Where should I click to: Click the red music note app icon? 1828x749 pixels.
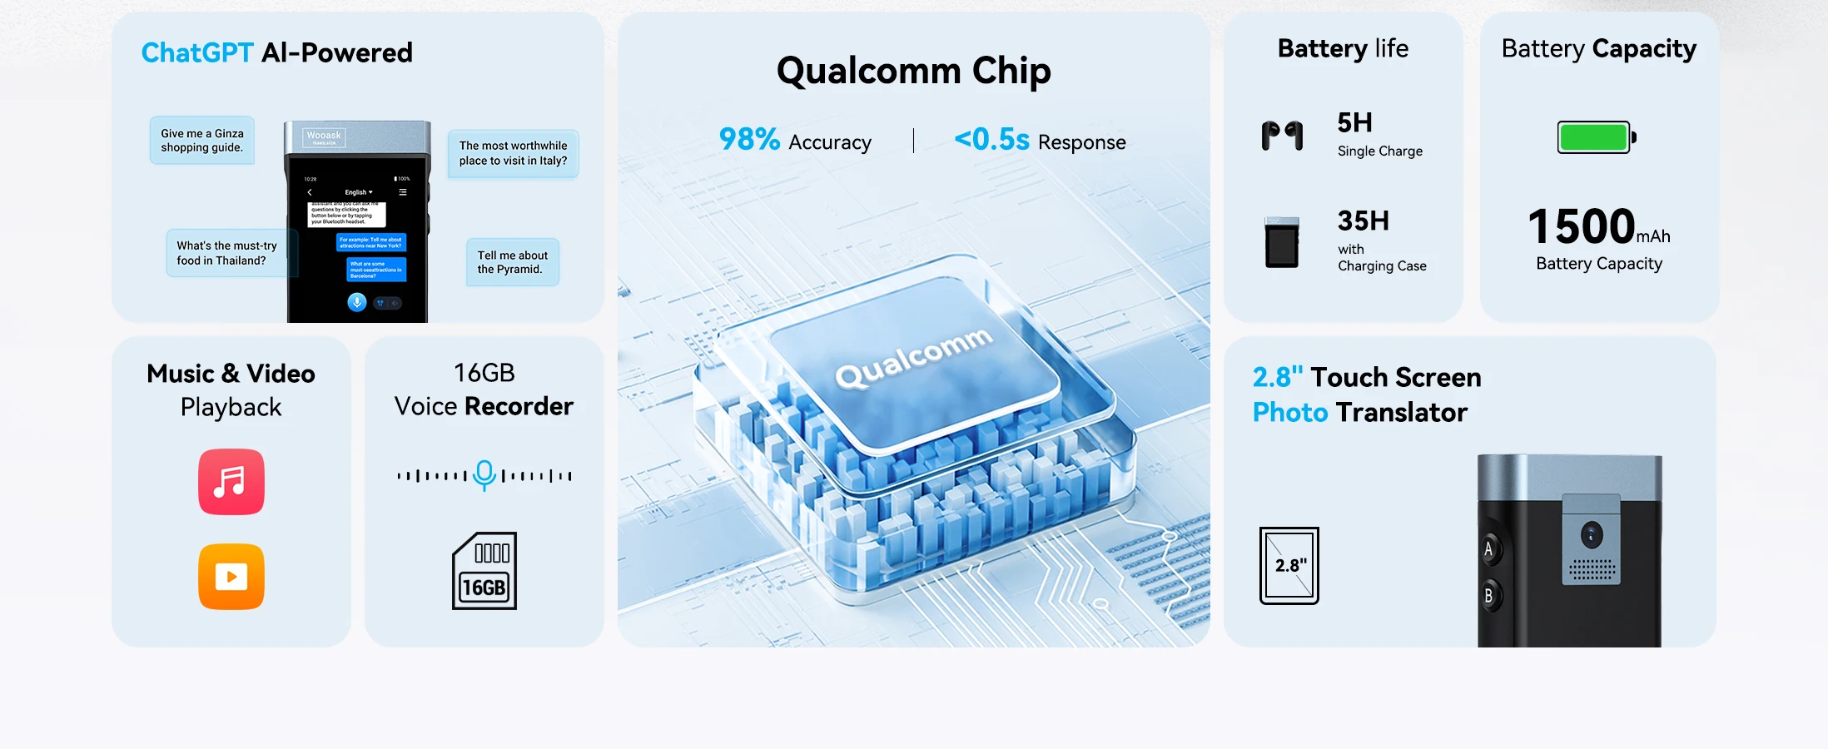pos(231,482)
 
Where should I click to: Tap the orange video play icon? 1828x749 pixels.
pos(231,577)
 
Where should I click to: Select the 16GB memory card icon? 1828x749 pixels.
pos(484,571)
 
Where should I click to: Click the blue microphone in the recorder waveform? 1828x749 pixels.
pos(484,474)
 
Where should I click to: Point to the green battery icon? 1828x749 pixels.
pos(1596,137)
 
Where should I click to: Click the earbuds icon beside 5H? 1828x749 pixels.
pos(1282,135)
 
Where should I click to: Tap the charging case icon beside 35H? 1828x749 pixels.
pos(1282,242)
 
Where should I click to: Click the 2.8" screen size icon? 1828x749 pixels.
pos(1289,566)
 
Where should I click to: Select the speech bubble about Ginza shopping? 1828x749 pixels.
pos(202,141)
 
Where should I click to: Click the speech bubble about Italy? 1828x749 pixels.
pos(513,153)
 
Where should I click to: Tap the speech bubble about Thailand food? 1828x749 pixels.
pos(226,253)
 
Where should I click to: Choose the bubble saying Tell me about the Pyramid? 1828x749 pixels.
pos(512,262)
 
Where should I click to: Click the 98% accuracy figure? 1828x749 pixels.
pos(749,140)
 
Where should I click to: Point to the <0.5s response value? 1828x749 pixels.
pos(991,140)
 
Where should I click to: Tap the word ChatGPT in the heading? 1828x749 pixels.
pos(197,53)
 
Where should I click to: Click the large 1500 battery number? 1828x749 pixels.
pos(1582,226)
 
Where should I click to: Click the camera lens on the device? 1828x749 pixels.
pos(1592,534)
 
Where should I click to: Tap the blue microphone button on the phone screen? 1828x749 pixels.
pos(357,302)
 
